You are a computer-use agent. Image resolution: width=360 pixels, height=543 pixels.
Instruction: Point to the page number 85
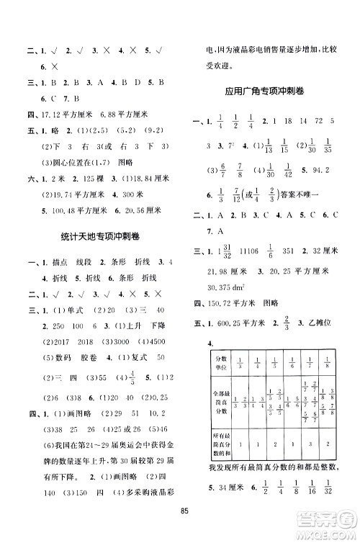[185, 532]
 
